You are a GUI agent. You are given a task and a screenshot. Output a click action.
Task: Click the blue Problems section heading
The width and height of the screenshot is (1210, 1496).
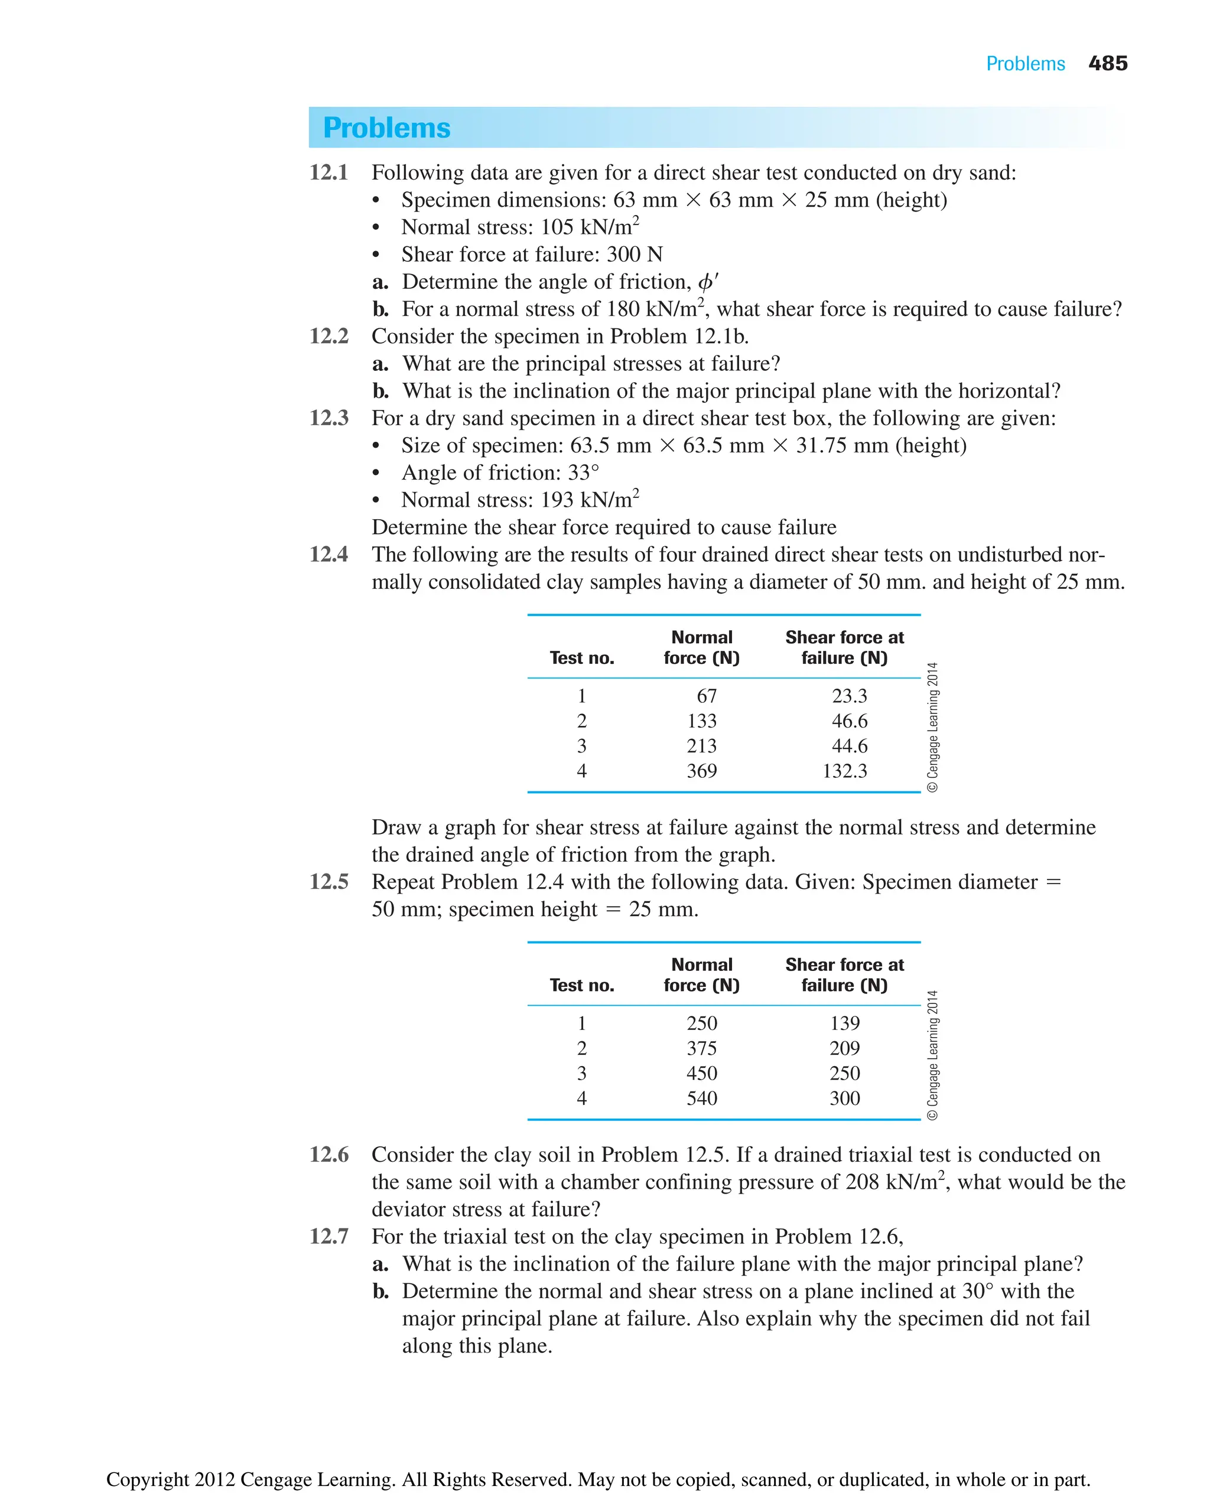[x=387, y=128]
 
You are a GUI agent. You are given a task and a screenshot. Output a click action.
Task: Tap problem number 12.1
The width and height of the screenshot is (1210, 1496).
[x=328, y=172]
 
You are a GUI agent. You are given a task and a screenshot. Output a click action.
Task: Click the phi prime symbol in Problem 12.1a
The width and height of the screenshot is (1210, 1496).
[x=707, y=282]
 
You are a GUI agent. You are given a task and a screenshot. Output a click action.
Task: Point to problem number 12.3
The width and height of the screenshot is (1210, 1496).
[x=328, y=418]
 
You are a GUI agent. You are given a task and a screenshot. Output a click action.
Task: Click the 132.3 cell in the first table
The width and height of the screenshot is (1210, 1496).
[x=844, y=771]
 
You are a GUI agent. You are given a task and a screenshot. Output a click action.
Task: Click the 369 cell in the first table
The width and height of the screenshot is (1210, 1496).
[x=701, y=771]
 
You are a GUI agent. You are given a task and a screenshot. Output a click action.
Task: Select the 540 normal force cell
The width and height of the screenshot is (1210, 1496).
[x=701, y=1098]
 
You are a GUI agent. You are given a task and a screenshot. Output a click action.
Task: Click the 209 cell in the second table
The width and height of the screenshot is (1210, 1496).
[x=844, y=1048]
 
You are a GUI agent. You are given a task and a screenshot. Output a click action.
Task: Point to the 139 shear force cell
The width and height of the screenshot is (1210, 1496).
[x=844, y=1023]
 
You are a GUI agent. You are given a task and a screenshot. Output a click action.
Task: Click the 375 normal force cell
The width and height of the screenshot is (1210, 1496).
[x=701, y=1048]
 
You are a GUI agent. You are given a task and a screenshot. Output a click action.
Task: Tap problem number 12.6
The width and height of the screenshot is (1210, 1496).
[x=328, y=1155]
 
